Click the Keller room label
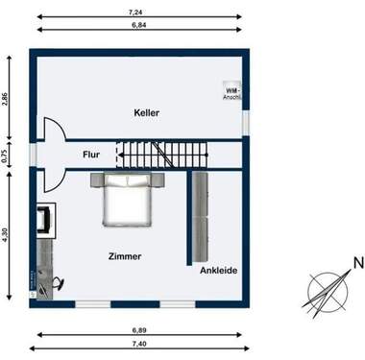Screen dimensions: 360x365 coord(146,113)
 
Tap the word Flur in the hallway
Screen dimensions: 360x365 coord(91,153)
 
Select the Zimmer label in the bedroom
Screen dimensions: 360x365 coord(125,256)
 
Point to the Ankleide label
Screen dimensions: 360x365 coord(218,271)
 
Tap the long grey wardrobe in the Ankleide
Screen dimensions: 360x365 coord(203,216)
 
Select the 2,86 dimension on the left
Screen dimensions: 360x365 coord(6,103)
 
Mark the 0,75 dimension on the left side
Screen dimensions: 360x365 coord(6,157)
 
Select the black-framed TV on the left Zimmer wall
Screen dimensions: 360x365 coord(43,221)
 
